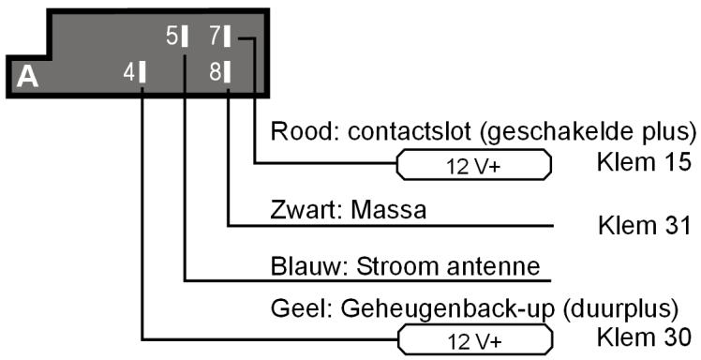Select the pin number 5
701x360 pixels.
point(172,37)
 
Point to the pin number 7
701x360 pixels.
point(214,37)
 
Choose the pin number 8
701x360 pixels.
point(215,71)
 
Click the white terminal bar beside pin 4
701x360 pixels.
point(142,71)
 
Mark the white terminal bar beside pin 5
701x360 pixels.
point(186,37)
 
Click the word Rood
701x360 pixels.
point(293,128)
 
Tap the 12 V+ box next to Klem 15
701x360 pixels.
point(475,166)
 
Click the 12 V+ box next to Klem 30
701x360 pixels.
point(475,337)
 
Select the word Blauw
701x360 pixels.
point(299,265)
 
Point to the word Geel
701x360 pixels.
point(292,307)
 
